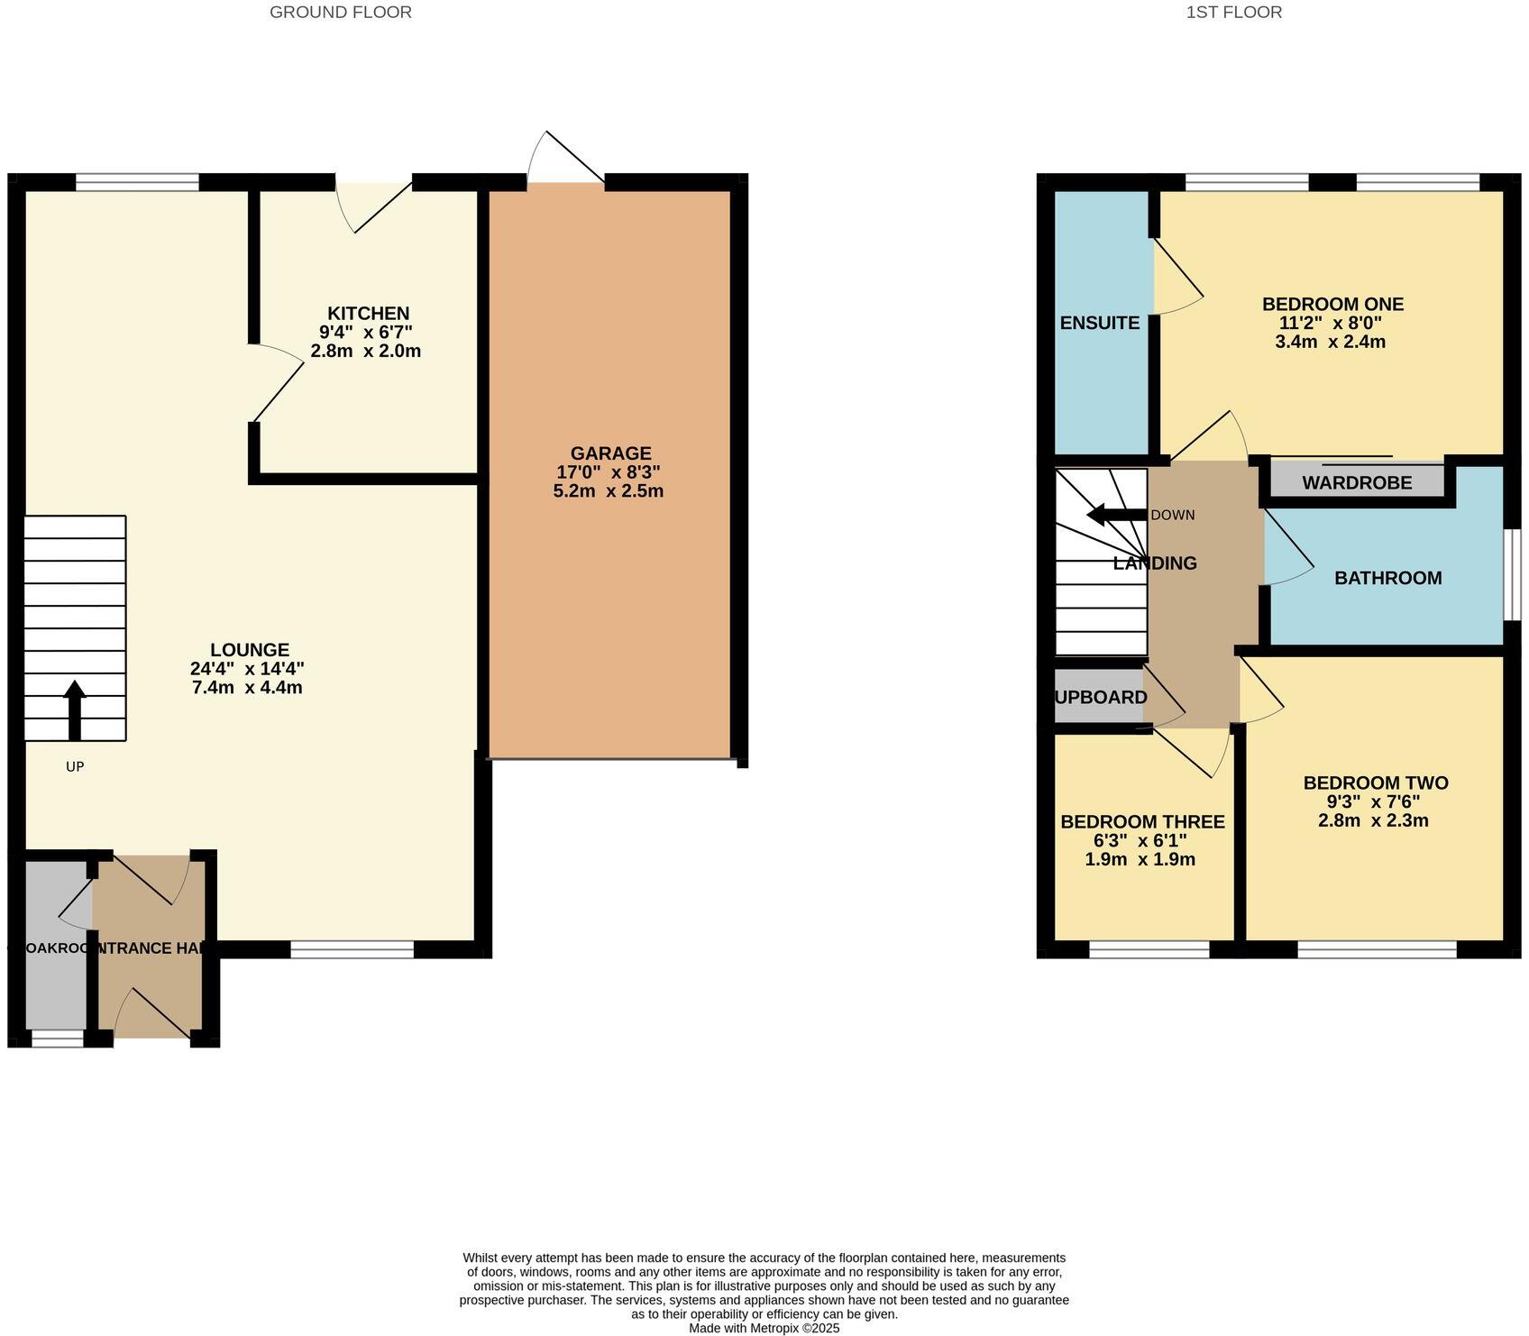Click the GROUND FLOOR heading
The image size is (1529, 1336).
[x=341, y=13]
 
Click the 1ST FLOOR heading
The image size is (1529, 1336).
[x=1233, y=13]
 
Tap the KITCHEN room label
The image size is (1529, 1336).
[x=368, y=314]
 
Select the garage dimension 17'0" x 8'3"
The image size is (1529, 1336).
[x=609, y=472]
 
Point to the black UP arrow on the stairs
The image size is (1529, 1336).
[x=75, y=709]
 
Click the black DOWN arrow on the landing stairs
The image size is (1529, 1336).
[x=1116, y=516]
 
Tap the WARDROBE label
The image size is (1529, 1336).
[x=1357, y=483]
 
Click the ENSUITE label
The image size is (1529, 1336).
[x=1100, y=323]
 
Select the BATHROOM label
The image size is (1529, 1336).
[x=1387, y=578]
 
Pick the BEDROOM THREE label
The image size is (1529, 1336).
[x=1142, y=822]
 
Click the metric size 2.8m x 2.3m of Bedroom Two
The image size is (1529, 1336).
[x=1373, y=820]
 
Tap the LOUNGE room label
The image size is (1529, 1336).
[x=250, y=650]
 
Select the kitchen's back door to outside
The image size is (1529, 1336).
[x=374, y=204]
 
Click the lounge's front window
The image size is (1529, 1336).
[x=352, y=948]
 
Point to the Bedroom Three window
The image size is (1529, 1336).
[x=1149, y=948]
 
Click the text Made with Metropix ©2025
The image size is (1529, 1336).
[x=764, y=1328]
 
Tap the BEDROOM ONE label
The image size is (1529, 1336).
[x=1332, y=305]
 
